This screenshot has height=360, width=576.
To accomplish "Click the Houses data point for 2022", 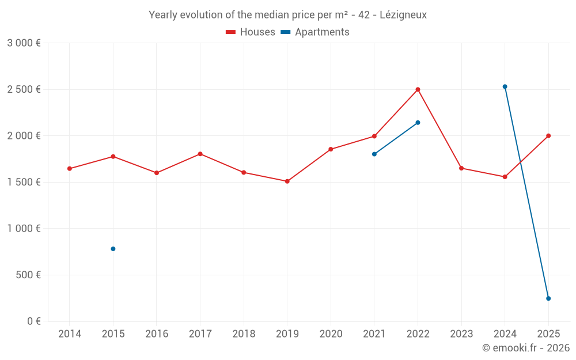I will pos(418,89).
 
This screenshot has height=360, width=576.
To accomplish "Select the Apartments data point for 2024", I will pos(505,86).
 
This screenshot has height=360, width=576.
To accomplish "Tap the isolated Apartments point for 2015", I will pos(113,249).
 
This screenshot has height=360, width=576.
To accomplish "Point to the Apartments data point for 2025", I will pos(548,298).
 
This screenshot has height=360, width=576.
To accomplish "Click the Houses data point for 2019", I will pos(287,181).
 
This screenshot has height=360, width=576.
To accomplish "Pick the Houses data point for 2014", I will pos(70,169).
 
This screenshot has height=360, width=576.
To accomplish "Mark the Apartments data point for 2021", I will pos(374,154).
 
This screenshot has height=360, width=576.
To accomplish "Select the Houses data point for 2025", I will pos(548,136).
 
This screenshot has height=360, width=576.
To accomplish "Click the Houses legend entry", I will pos(251,32).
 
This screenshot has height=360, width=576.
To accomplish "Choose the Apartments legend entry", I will pos(315,32).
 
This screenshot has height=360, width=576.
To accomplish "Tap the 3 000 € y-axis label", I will pos(24,43).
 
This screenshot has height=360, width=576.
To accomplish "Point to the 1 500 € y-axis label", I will pos(24,182).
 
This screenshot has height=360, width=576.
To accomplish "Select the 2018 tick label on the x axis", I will pos(244,334).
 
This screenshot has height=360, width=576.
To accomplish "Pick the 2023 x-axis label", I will pos(461,334).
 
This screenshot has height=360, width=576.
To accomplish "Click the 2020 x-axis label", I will pos(331,334).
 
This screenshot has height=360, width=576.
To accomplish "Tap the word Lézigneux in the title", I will pos(403,15).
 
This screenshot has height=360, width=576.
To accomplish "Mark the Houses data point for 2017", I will pos(200,154).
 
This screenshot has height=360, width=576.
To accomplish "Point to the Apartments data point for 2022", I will pos(418,123).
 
